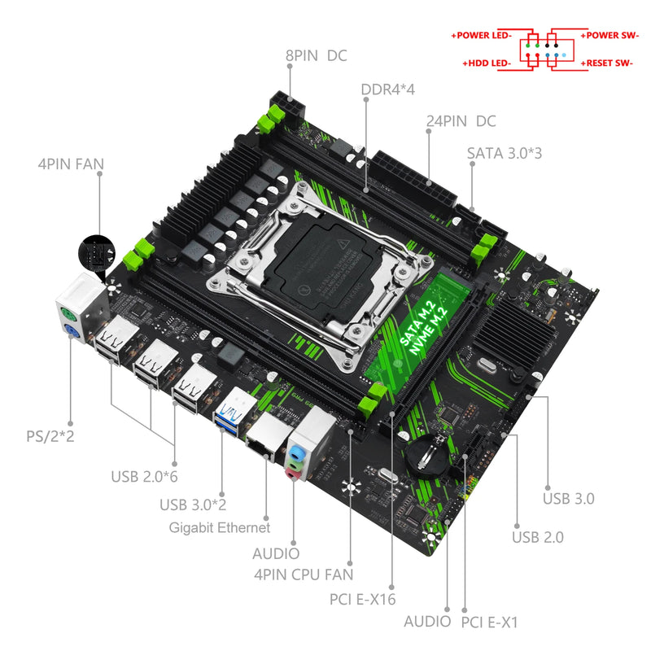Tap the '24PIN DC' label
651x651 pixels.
(x=461, y=121)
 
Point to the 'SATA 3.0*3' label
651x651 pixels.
(x=504, y=153)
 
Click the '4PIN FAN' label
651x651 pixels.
(x=71, y=164)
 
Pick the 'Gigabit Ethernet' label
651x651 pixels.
(x=220, y=527)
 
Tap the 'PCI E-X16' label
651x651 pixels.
(x=363, y=600)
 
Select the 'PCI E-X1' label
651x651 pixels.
(x=489, y=623)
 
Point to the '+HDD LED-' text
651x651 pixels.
(x=487, y=63)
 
